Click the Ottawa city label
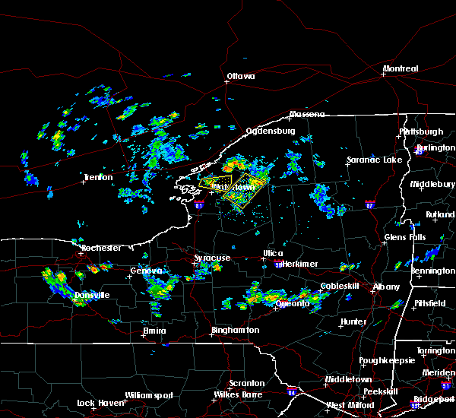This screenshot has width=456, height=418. point(241,76)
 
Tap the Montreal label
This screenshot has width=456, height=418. point(400,68)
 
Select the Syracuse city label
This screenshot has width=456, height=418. point(212,258)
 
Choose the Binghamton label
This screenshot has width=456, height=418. point(236,331)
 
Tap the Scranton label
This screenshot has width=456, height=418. point(248,383)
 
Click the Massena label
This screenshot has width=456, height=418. point(306,115)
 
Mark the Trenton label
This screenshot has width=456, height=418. point(98,178)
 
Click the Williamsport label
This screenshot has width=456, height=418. point(150,395)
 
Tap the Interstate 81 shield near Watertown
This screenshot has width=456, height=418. point(199,204)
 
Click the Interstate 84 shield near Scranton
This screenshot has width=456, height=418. point(293,392)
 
